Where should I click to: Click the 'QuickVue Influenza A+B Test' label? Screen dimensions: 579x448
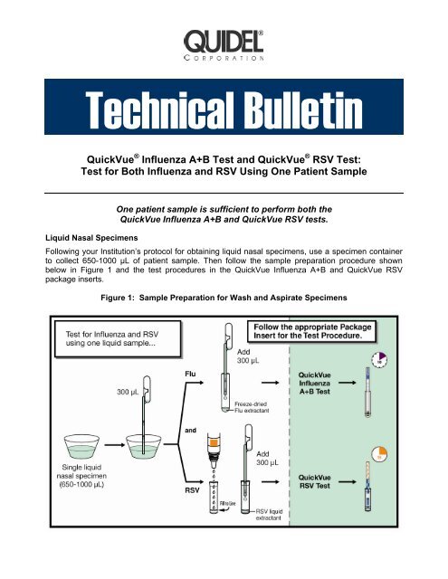(343, 416)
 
